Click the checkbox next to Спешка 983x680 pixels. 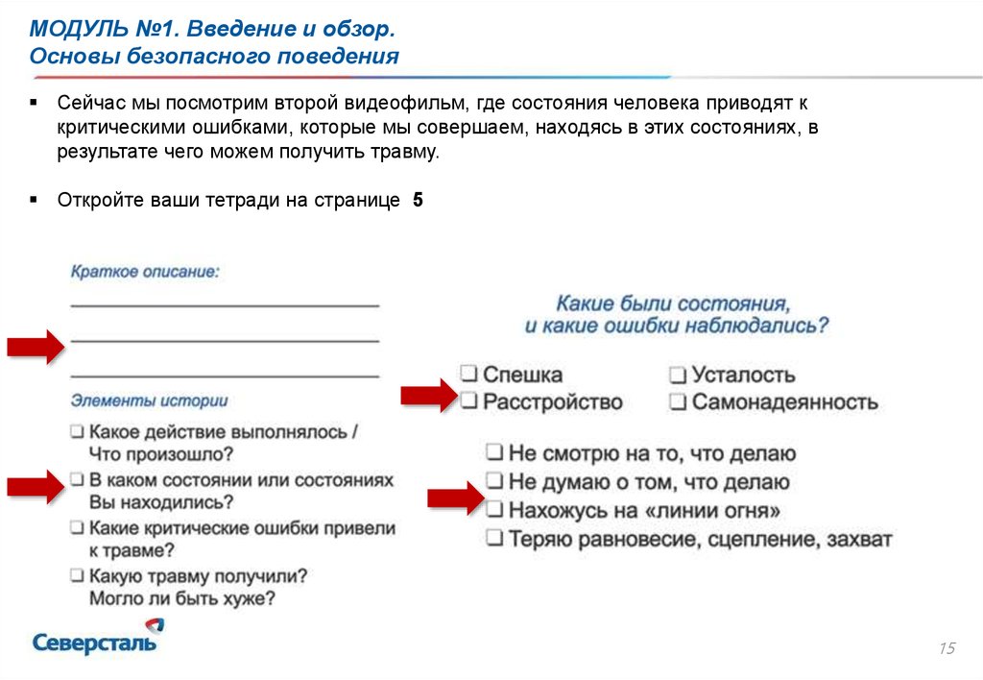pos(468,374)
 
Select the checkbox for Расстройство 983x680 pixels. pos(468,401)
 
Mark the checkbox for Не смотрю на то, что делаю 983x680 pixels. pos(494,452)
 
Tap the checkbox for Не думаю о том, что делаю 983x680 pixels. pos(494,481)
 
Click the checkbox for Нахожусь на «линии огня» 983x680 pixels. pos(494,509)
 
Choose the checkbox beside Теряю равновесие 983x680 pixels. pos(494,538)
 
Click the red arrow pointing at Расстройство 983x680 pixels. pos(427,395)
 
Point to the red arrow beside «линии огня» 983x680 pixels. pos(454,498)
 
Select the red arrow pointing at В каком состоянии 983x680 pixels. pos(35,486)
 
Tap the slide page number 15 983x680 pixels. pos(947,649)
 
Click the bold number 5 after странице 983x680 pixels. pos(418,201)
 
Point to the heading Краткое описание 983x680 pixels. pos(145,272)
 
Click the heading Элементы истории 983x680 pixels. pos(149,401)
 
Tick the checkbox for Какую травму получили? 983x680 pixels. pos(77,576)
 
